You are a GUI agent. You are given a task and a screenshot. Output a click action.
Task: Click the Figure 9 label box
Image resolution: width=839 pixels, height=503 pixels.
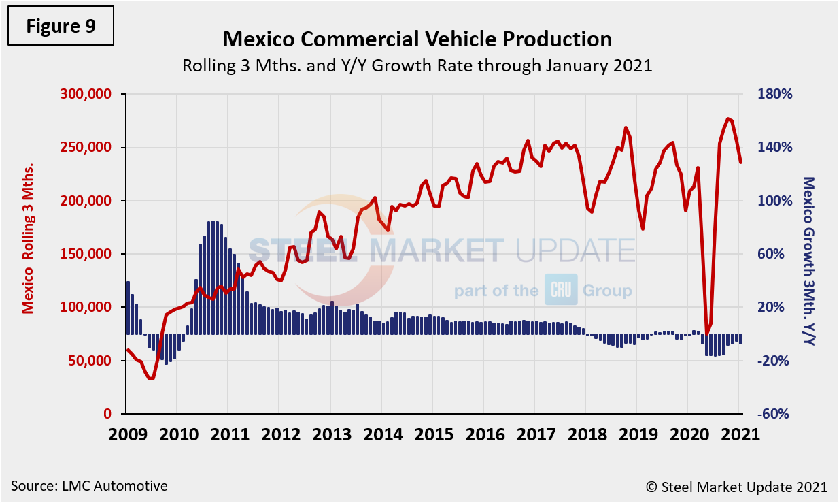click(61, 27)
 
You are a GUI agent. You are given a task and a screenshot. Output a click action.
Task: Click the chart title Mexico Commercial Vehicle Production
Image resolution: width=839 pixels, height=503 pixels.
click(417, 39)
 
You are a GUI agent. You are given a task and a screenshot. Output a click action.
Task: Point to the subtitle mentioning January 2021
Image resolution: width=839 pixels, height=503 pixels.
click(417, 65)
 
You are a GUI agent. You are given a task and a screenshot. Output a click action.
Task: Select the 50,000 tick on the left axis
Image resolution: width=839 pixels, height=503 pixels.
click(90, 361)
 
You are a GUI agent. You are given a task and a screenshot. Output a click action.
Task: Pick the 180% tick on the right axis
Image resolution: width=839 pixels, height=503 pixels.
click(775, 94)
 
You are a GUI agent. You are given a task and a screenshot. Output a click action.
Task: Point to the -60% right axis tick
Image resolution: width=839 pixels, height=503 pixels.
click(775, 414)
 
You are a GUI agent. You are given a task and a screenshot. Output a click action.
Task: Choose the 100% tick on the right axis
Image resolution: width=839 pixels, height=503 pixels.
click(775, 201)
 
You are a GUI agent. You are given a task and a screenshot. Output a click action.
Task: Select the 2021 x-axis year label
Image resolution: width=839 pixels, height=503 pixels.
click(739, 434)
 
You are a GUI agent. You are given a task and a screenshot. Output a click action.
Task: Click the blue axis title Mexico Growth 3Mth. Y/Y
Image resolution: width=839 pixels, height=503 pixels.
click(808, 261)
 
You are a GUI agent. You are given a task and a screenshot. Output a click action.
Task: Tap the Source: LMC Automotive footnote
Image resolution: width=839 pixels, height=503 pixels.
click(89, 486)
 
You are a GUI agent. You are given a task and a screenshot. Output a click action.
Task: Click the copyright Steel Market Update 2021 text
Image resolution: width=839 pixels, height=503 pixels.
click(736, 487)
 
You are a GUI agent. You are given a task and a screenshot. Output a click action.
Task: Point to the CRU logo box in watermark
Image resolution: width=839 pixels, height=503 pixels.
click(560, 290)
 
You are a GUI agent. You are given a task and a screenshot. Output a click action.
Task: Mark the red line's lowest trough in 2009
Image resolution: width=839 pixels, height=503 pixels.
click(151, 378)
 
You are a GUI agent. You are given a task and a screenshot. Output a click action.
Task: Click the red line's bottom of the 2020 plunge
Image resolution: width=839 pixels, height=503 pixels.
click(707, 334)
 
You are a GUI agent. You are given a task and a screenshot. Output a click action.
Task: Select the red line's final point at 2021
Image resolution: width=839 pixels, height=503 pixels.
click(741, 162)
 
